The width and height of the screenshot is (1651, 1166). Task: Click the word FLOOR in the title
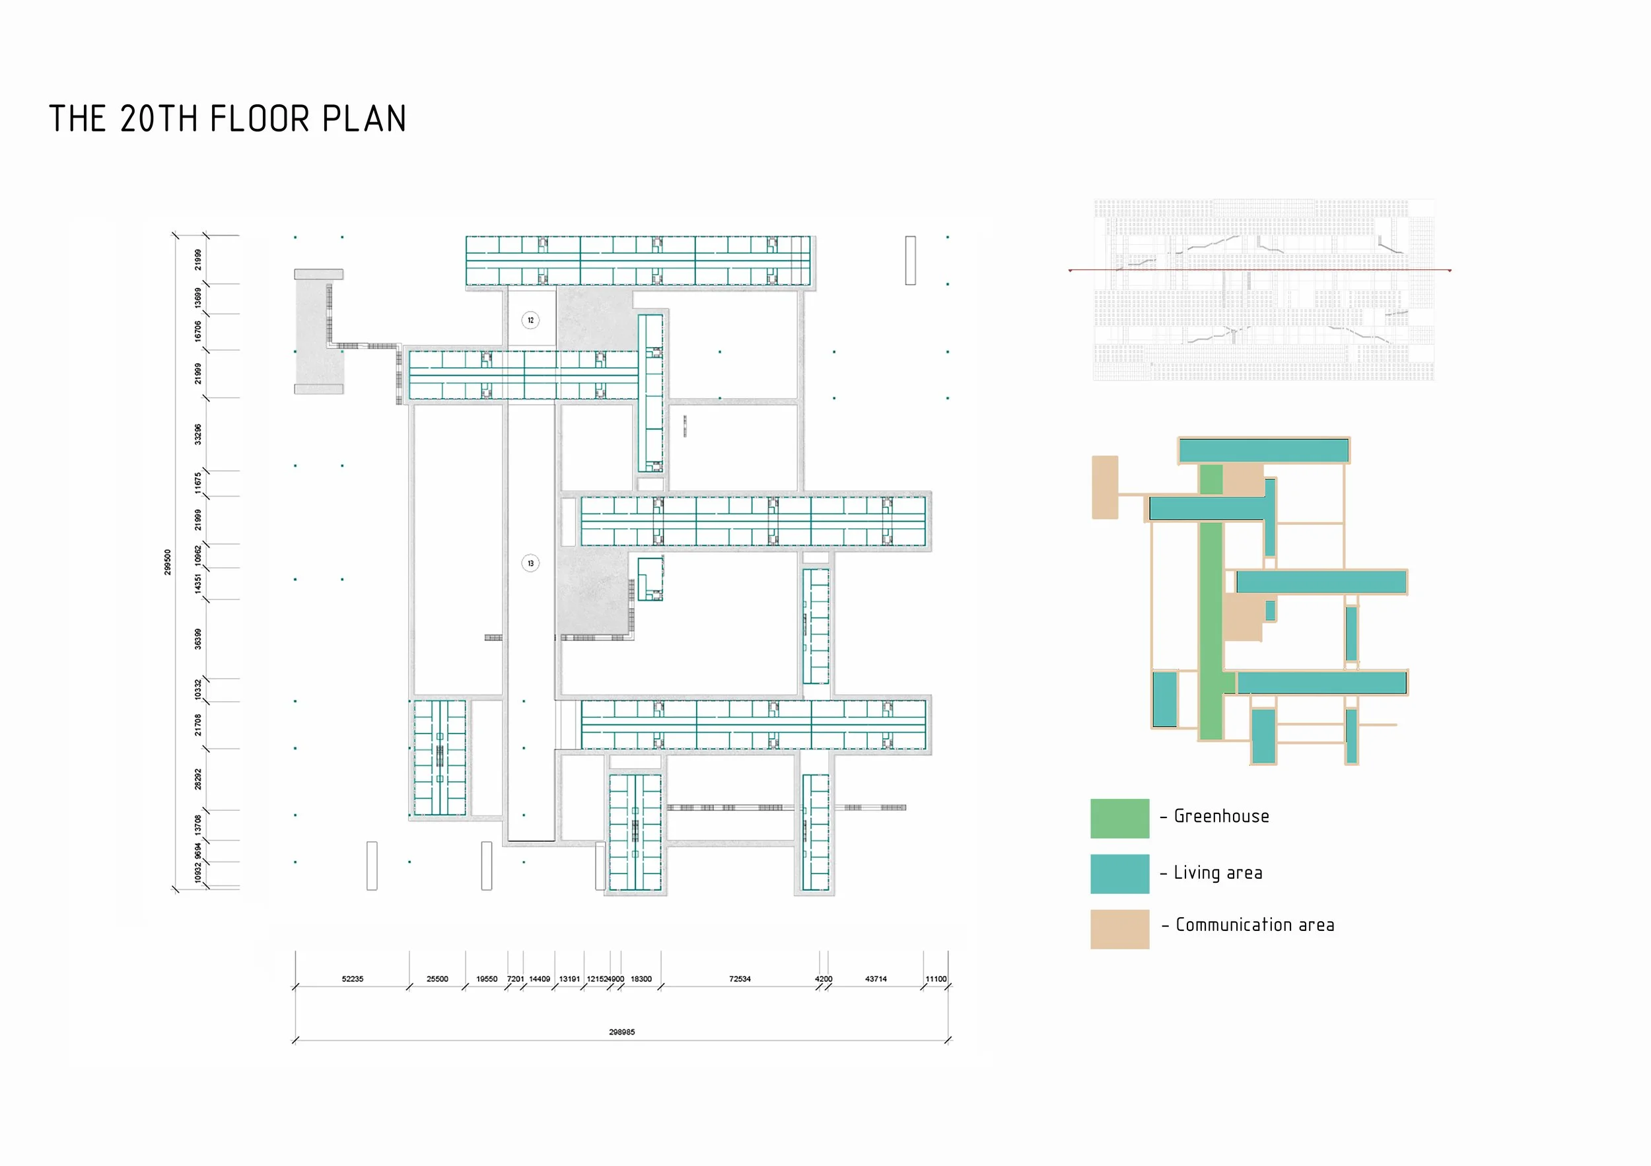click(260, 119)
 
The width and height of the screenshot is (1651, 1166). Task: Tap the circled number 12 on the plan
click(531, 320)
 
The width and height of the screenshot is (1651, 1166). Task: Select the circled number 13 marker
click(531, 563)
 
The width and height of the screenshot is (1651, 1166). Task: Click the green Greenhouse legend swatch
click(1119, 818)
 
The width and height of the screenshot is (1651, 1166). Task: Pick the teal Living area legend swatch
click(1119, 874)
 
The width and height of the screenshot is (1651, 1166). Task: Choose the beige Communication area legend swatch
click(1119, 929)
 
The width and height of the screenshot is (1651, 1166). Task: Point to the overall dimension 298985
click(622, 1031)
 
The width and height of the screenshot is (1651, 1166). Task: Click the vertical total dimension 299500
click(168, 561)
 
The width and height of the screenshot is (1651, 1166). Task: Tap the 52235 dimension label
click(353, 979)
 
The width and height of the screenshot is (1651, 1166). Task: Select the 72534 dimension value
click(740, 979)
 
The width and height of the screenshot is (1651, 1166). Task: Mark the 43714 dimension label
click(876, 979)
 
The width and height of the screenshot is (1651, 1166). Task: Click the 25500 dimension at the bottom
click(437, 979)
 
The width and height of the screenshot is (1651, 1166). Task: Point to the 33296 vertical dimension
click(197, 434)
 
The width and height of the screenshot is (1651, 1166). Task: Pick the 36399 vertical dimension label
click(197, 639)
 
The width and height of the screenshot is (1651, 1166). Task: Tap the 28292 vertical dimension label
click(197, 779)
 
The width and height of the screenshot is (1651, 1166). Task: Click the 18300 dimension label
click(641, 979)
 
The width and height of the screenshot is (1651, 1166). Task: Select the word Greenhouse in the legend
click(1221, 817)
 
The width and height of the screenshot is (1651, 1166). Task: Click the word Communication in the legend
click(1234, 925)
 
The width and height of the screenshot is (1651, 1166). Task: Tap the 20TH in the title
click(159, 119)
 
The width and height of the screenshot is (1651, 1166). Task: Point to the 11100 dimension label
click(936, 979)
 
